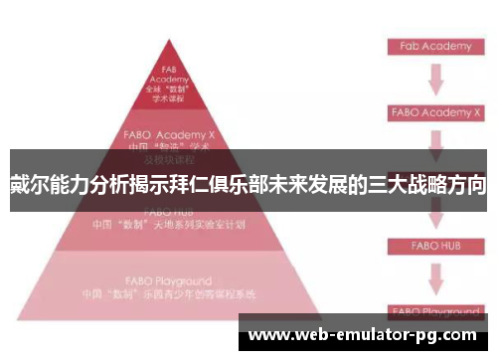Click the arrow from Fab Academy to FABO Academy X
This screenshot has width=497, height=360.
tap(433, 79)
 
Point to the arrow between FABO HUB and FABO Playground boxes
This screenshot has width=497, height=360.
tap(433, 276)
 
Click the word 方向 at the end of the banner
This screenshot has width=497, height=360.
tap(464, 185)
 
